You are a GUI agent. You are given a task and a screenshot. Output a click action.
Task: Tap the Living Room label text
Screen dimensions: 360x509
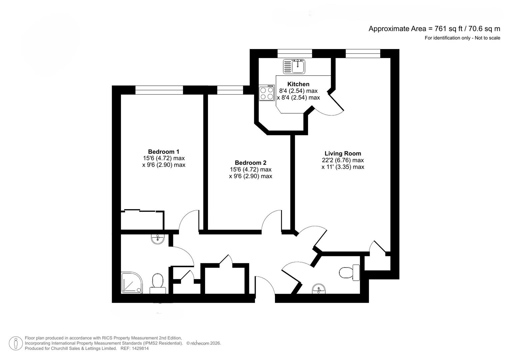(x=343, y=154)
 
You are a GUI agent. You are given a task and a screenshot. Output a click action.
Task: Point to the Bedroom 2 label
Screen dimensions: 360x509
(x=250, y=163)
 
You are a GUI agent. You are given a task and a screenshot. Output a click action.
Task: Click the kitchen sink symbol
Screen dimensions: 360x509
(x=294, y=66)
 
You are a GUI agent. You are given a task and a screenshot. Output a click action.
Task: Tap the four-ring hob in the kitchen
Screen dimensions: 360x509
(x=266, y=93)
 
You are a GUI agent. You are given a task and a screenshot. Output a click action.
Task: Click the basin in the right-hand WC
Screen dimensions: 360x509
(x=319, y=289)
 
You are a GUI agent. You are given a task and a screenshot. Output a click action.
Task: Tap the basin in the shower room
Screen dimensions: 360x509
(x=158, y=238)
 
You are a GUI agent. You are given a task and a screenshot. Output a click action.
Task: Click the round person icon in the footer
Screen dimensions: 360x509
(x=16, y=343)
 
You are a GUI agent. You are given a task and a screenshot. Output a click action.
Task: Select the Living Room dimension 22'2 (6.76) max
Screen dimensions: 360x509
(x=343, y=160)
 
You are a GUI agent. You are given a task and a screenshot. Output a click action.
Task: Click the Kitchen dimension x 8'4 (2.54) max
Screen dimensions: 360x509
(x=298, y=98)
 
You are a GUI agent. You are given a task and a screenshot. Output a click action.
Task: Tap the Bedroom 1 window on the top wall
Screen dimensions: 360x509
(x=159, y=90)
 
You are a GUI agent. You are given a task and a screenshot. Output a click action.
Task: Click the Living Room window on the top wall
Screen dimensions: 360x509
(x=363, y=53)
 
